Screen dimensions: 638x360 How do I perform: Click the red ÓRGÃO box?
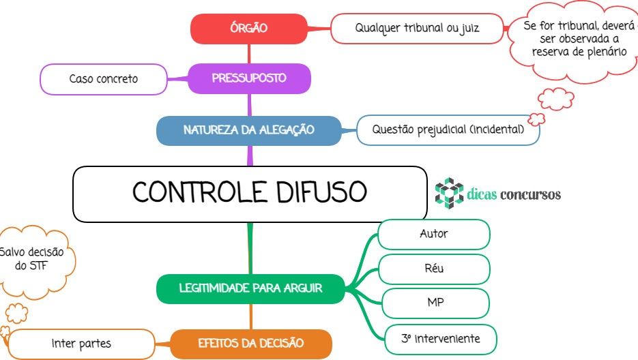249,29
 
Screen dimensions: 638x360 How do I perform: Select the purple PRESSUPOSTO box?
249,78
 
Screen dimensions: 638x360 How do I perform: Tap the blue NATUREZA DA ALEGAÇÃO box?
249,130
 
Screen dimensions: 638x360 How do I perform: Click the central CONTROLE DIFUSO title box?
250,194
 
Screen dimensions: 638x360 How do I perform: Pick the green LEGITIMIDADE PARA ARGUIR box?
250,288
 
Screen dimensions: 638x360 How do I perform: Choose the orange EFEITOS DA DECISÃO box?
251,344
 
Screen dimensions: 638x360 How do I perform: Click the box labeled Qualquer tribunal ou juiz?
417,29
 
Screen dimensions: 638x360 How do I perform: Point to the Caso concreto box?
104,79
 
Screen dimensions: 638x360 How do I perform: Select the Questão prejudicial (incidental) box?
448,130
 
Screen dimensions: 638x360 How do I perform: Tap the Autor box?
434,235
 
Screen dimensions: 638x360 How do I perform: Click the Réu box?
434,269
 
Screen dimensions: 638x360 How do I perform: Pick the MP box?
435,303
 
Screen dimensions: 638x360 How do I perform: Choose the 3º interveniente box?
441,340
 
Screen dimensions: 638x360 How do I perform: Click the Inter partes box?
81,344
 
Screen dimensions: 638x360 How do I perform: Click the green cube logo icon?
449,193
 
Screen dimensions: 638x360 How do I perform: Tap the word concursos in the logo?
531,195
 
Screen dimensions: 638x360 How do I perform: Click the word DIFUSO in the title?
321,192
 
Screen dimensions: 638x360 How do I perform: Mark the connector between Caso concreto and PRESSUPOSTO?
178,78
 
